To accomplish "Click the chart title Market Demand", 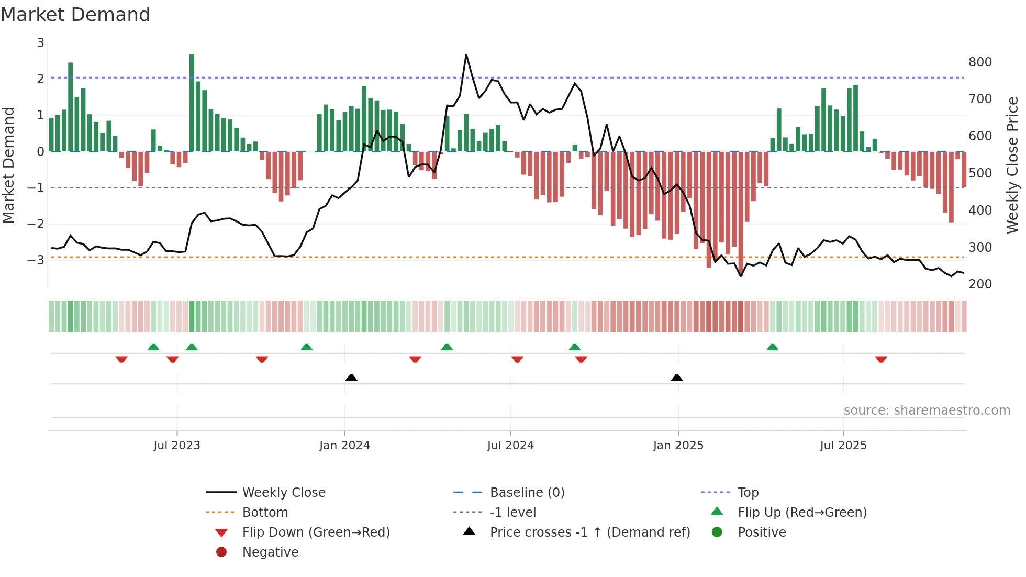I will (x=75, y=15).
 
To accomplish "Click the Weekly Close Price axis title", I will (x=1012, y=165).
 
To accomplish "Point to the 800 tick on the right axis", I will (x=980, y=62).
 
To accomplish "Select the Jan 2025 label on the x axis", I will (x=678, y=446).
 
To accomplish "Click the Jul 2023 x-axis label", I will (x=176, y=446).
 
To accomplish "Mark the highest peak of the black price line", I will (x=466, y=55).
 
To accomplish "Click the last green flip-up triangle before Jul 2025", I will (x=772, y=347).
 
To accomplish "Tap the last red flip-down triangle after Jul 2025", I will (x=880, y=359).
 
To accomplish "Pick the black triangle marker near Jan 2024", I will (x=351, y=378).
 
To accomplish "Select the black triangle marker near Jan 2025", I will (x=676, y=378).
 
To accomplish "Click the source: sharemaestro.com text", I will (x=927, y=410).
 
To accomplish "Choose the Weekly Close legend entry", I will (x=283, y=493).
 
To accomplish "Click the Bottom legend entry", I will (x=265, y=513).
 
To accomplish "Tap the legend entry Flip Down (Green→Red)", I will (x=316, y=532).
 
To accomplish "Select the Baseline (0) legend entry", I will (x=527, y=493).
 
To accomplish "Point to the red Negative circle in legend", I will (x=221, y=552).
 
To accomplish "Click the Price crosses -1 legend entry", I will (x=589, y=532).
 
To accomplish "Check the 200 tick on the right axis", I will (x=980, y=284).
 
